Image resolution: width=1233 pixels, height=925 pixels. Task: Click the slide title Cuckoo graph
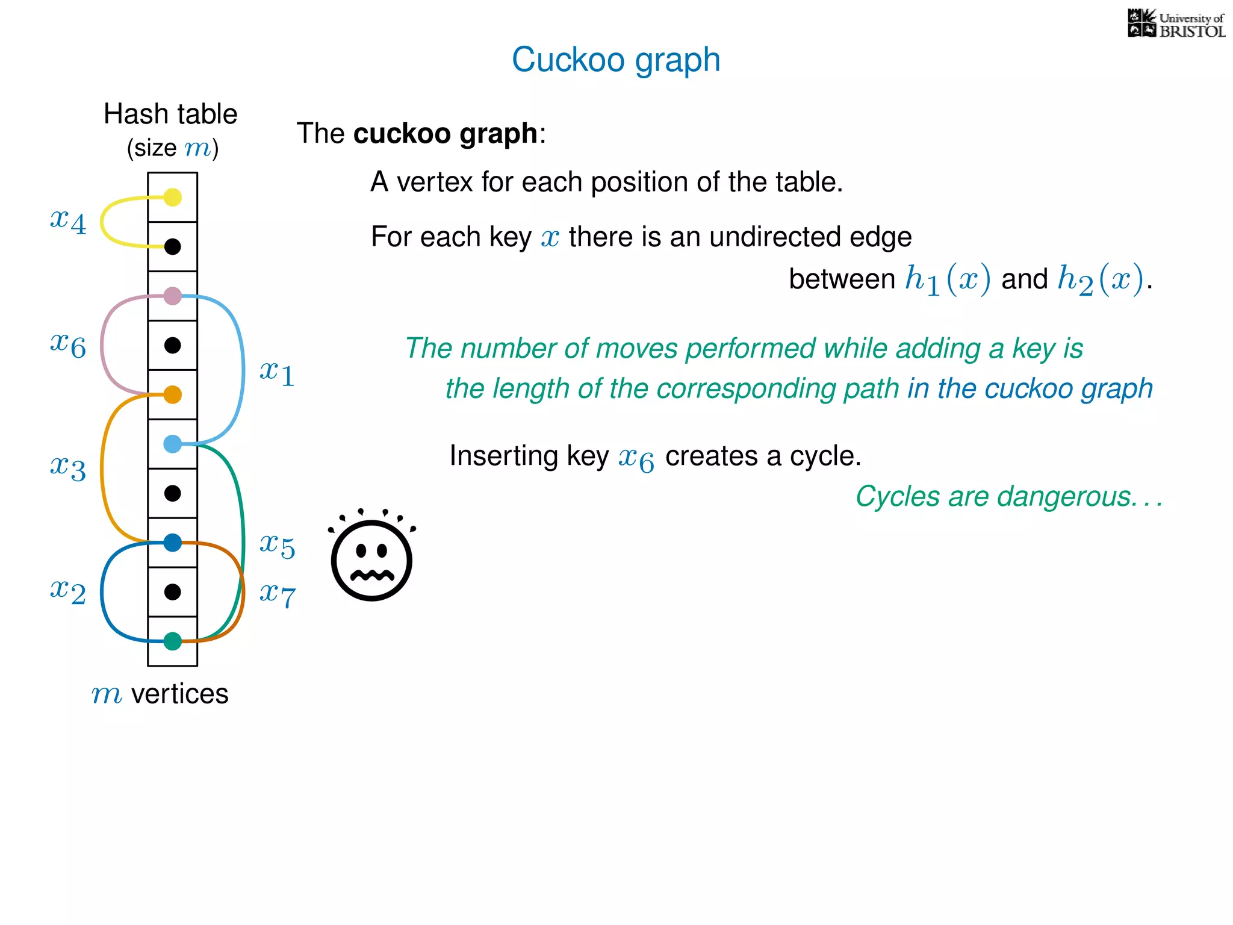coord(615,60)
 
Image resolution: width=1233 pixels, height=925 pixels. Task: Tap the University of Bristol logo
coord(1176,24)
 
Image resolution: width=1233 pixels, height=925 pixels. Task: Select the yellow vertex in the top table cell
coord(173,197)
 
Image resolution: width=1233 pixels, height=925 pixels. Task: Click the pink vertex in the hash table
coord(173,296)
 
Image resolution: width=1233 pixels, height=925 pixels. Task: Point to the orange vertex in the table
coord(173,394)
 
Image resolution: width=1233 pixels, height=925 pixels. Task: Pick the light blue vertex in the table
coord(173,444)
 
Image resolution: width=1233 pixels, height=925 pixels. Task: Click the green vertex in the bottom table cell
coord(173,641)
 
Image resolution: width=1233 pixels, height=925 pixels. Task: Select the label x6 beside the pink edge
coord(68,344)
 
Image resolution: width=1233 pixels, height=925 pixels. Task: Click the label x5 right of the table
coord(277,546)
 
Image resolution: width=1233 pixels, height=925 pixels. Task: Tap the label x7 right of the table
coord(277,595)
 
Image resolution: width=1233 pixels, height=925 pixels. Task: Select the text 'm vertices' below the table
coord(160,694)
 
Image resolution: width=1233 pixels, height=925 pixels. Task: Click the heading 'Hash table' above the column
coord(170,114)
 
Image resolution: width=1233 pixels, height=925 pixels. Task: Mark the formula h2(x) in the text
coord(1101,279)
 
